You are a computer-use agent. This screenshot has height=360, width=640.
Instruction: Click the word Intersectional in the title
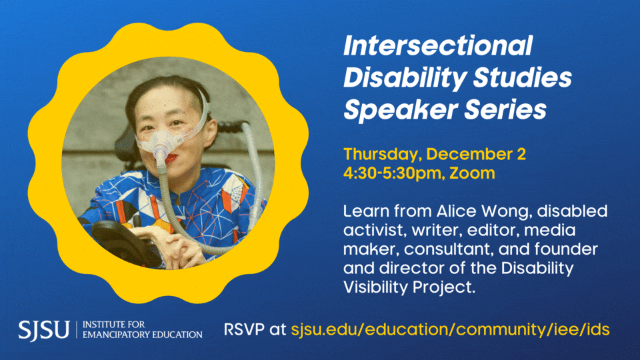click(437, 47)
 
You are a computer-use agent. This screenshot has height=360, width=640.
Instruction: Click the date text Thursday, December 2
click(434, 155)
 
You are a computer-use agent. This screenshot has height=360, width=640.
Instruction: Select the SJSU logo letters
click(44, 329)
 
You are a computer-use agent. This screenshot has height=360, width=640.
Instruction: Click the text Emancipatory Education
click(143, 334)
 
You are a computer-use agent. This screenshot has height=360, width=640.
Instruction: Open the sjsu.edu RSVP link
click(450, 329)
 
